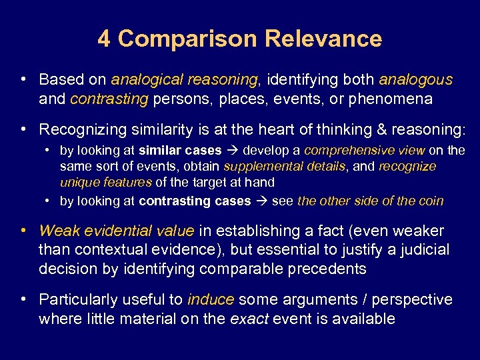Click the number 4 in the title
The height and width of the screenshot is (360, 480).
tap(104, 39)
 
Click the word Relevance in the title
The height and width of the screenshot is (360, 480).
tap(323, 39)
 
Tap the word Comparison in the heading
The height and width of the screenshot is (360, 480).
tap(188, 39)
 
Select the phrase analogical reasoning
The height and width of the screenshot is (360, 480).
tap(184, 80)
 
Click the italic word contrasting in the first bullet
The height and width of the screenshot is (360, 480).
tap(109, 99)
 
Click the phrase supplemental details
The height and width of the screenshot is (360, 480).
tap(285, 166)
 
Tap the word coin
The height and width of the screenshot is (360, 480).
tap(429, 201)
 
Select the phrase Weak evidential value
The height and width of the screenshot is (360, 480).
tap(117, 231)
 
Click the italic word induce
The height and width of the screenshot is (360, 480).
tap(211, 300)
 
